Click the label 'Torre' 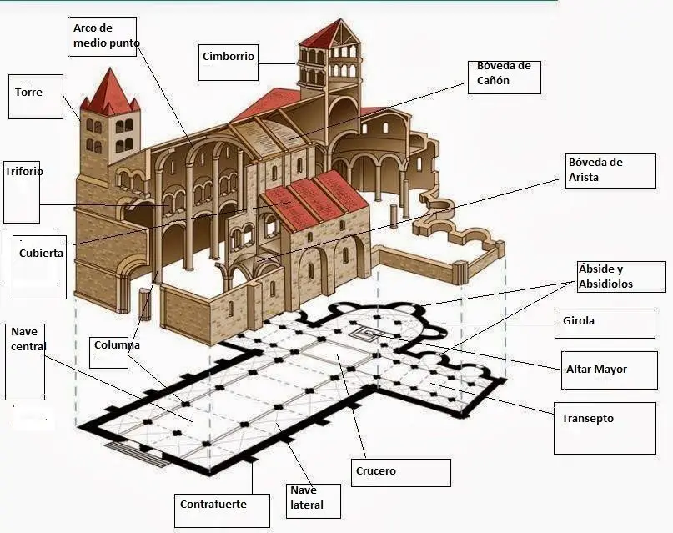(x=28, y=92)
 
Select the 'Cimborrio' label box (x=228, y=57)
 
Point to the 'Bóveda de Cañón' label (x=504, y=73)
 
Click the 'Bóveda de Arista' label (x=595, y=169)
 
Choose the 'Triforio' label (x=23, y=172)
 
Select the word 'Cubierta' (x=41, y=253)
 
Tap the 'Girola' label (x=579, y=320)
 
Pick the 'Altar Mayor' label (x=596, y=369)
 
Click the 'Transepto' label (x=588, y=419)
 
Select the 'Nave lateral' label (x=306, y=498)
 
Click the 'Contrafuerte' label (x=213, y=504)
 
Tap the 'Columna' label (x=117, y=344)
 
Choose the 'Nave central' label (x=29, y=339)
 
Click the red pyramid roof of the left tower (x=109, y=93)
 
